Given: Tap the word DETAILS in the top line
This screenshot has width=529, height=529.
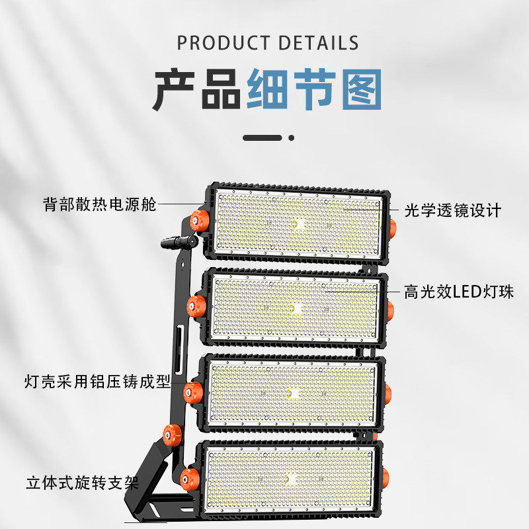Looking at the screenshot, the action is click(319, 43).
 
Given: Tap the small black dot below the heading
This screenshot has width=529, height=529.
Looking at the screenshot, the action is click(292, 138).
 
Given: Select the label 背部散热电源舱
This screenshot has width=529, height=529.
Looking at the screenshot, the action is click(99, 204).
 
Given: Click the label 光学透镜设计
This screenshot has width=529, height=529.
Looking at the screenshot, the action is click(453, 211).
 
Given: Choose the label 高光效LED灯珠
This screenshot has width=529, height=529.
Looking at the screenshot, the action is click(459, 292).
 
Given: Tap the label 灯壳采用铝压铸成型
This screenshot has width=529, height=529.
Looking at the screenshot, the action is click(97, 382).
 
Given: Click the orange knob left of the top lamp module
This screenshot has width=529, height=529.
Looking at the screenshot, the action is click(197, 222).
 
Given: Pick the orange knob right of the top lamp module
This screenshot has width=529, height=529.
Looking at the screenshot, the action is click(392, 228).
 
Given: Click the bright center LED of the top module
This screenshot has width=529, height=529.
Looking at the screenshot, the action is click(298, 224).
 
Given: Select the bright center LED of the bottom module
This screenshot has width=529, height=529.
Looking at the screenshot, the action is click(289, 477).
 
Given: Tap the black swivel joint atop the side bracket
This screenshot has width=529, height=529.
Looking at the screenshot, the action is click(179, 244).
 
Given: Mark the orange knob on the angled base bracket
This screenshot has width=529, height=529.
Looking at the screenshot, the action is click(172, 434).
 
